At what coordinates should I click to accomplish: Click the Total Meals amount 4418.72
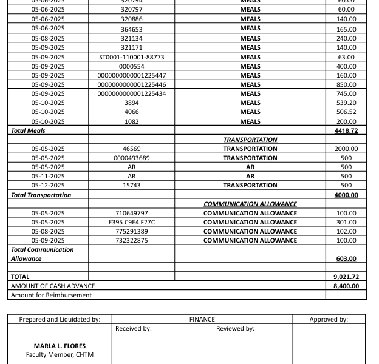346,130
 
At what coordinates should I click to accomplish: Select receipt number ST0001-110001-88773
131,57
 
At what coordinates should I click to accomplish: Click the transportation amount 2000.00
346,149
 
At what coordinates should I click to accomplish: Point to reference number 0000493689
131,158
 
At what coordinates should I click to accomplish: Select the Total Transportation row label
41,195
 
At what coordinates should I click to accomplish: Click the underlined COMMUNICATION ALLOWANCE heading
250,204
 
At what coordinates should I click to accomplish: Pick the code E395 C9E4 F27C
131,222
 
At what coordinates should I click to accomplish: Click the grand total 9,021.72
346,277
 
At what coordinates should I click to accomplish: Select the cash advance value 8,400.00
346,286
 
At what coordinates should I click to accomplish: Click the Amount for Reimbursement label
52,295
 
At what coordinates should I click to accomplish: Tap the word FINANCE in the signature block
202,319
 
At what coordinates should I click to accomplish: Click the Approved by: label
329,319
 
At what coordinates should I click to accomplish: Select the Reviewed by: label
235,329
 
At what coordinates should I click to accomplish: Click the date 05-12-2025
48,185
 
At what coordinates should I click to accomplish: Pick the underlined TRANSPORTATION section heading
250,140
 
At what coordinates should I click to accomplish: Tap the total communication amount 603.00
346,258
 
